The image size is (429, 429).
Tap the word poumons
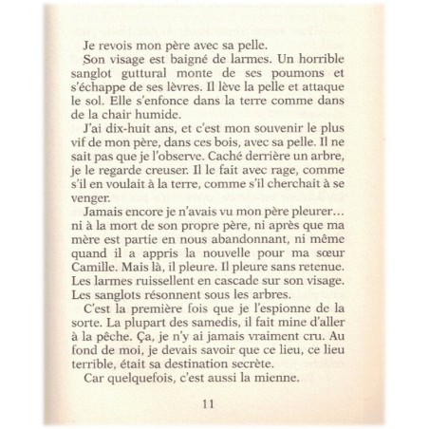[288, 78]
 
